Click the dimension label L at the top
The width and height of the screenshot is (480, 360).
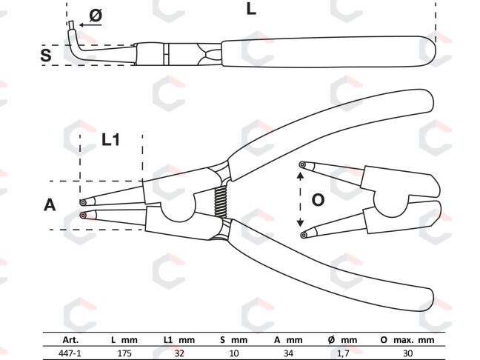pyautogui.click(x=251, y=9)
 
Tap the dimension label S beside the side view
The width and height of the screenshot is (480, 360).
pyautogui.click(x=46, y=56)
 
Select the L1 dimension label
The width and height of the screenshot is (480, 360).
pyautogui.click(x=110, y=139)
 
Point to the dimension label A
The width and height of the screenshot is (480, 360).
pyautogui.click(x=50, y=204)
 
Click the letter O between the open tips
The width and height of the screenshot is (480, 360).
pyautogui.click(x=318, y=200)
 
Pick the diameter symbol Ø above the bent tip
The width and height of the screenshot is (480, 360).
pyautogui.click(x=96, y=16)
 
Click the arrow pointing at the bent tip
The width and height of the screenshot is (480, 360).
pyautogui.click(x=90, y=24)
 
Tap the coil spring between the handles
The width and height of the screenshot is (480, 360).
pyautogui.click(x=221, y=201)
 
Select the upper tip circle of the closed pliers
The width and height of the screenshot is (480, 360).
pyautogui.click(x=83, y=202)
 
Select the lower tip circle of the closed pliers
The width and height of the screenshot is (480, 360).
pyautogui.click(x=83, y=216)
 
